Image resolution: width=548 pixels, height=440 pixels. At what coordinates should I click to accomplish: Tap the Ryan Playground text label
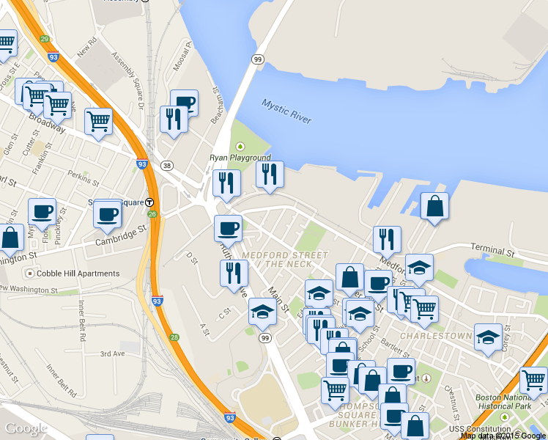pyautogui.click(x=240, y=158)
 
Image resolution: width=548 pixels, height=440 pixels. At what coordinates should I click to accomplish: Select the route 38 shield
pyautogui.click(x=168, y=166)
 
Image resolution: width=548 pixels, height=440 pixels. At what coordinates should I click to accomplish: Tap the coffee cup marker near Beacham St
pyautogui.click(x=185, y=103)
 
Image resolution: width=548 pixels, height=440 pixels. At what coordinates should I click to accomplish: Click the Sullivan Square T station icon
pyautogui.click(x=149, y=202)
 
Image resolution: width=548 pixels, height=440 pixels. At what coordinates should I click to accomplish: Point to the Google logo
pyautogui.click(x=26, y=428)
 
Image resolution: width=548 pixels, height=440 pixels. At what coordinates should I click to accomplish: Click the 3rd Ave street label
pyautogui.click(x=113, y=353)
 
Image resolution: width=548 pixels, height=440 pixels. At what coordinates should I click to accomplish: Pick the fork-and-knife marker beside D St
pyautogui.click(x=234, y=274)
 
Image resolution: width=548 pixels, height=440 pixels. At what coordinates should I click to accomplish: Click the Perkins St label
pyautogui.click(x=83, y=177)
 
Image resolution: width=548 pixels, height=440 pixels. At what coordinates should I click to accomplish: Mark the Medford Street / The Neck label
pyautogui.click(x=285, y=259)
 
